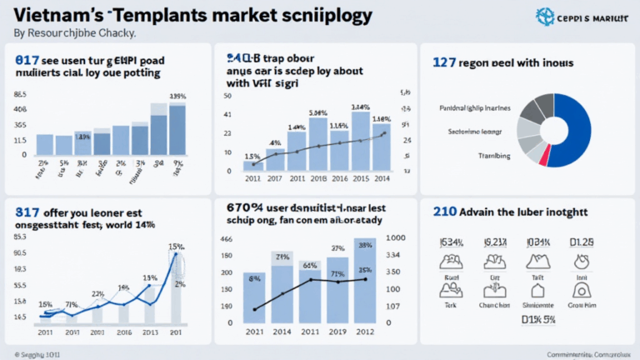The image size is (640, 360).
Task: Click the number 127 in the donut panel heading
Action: coord(445,62)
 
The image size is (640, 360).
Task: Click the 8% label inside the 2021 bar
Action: coord(255,281)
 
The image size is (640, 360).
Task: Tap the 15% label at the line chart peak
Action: coord(176,246)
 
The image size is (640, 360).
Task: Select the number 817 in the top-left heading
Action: coord(27,60)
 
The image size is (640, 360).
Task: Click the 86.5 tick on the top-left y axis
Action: coord(20,95)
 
